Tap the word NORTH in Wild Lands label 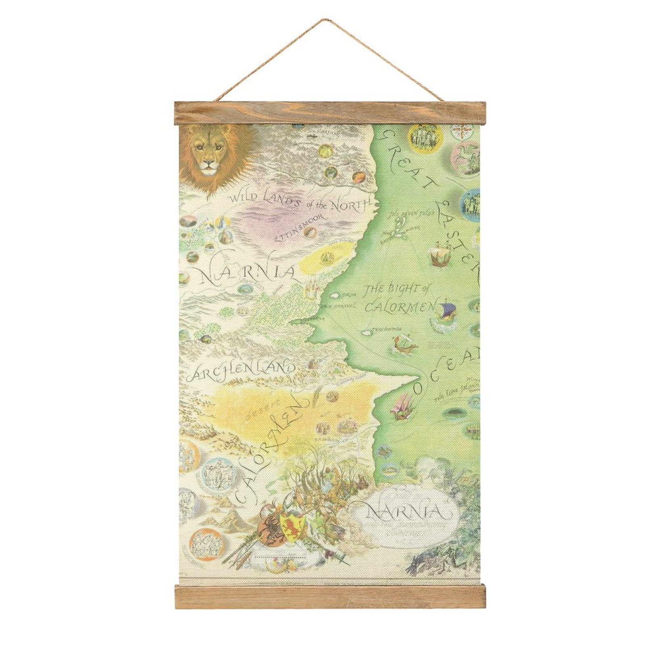pyautogui.click(x=350, y=206)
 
